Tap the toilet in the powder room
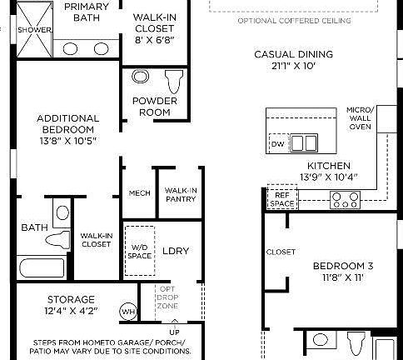coord(174,81)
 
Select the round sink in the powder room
coord(140,77)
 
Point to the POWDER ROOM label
coord(154,107)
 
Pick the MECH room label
coord(139,193)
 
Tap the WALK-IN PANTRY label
coord(181,194)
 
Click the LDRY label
coord(176,250)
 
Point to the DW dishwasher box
coord(277,144)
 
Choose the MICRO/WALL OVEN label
coord(360,118)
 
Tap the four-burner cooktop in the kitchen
coord(345,199)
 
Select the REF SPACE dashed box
coord(281,198)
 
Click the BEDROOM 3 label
coord(342,272)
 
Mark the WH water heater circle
coord(128,311)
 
